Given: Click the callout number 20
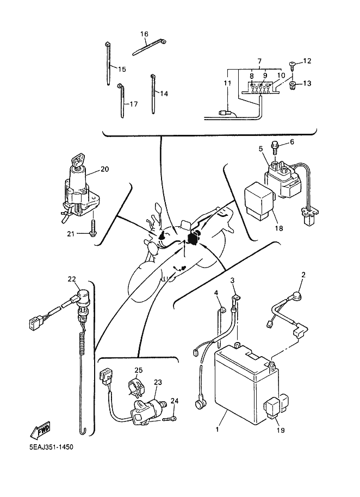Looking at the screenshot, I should click(x=104, y=169).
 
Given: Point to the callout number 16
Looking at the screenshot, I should click(x=144, y=34).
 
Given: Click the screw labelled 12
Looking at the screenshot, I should click(x=293, y=66).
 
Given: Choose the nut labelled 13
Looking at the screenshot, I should click(x=293, y=84).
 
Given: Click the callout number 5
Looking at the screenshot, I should click(x=261, y=148).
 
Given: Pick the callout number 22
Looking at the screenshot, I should click(x=72, y=279).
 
